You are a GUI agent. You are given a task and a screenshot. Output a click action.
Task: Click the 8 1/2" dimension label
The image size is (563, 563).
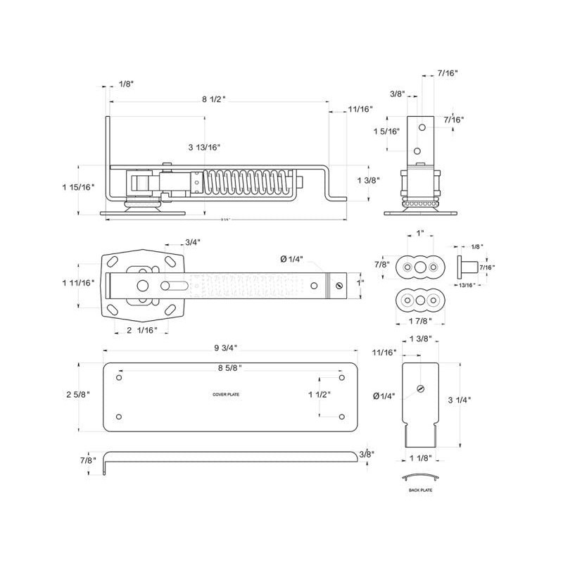tap(213, 99)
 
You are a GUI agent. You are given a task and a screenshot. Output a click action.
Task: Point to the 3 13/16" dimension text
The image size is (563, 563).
tap(205, 147)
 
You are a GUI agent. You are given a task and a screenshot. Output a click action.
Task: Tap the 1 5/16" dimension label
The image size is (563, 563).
tap(386, 132)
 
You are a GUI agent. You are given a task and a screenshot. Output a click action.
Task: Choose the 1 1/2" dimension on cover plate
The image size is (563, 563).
tap(320, 396)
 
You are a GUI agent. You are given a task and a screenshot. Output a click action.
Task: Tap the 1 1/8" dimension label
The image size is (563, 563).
tap(421, 458)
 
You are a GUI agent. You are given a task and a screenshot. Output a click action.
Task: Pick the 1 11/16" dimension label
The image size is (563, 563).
tap(78, 282)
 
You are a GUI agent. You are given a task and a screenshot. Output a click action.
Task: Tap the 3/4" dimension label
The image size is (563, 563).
tap(191, 243)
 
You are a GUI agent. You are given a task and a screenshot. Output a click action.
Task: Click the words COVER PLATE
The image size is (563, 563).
tap(226, 395)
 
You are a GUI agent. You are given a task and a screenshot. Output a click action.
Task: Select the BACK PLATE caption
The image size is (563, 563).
tap(421, 490)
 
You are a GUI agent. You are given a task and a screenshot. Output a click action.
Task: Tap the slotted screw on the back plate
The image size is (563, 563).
tap(421, 388)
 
